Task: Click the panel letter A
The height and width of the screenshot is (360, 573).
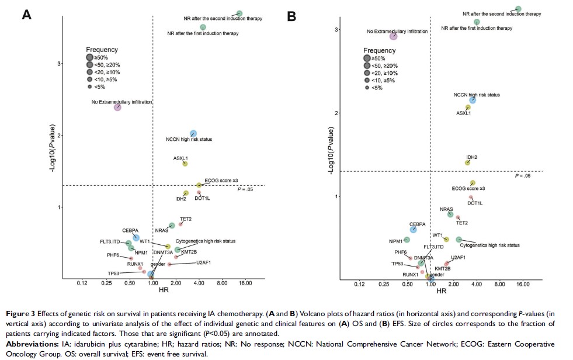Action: [x=26, y=15]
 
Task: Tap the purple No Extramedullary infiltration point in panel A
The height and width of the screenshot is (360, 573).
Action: [x=117, y=106]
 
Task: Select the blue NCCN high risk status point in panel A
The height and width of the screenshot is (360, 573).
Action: [x=193, y=134]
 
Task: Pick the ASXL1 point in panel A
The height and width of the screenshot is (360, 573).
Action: [x=185, y=164]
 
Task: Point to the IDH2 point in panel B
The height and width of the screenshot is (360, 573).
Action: [x=467, y=162]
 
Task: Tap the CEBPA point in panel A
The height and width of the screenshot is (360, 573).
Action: [x=136, y=238]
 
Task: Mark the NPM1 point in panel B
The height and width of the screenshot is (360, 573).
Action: [x=407, y=240]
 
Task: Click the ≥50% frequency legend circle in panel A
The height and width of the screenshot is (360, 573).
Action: [x=90, y=57]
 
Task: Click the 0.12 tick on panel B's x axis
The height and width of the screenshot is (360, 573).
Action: [x=359, y=285]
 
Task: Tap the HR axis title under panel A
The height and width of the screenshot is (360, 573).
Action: [x=153, y=293]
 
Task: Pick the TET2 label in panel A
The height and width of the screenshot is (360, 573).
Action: [x=186, y=219]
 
